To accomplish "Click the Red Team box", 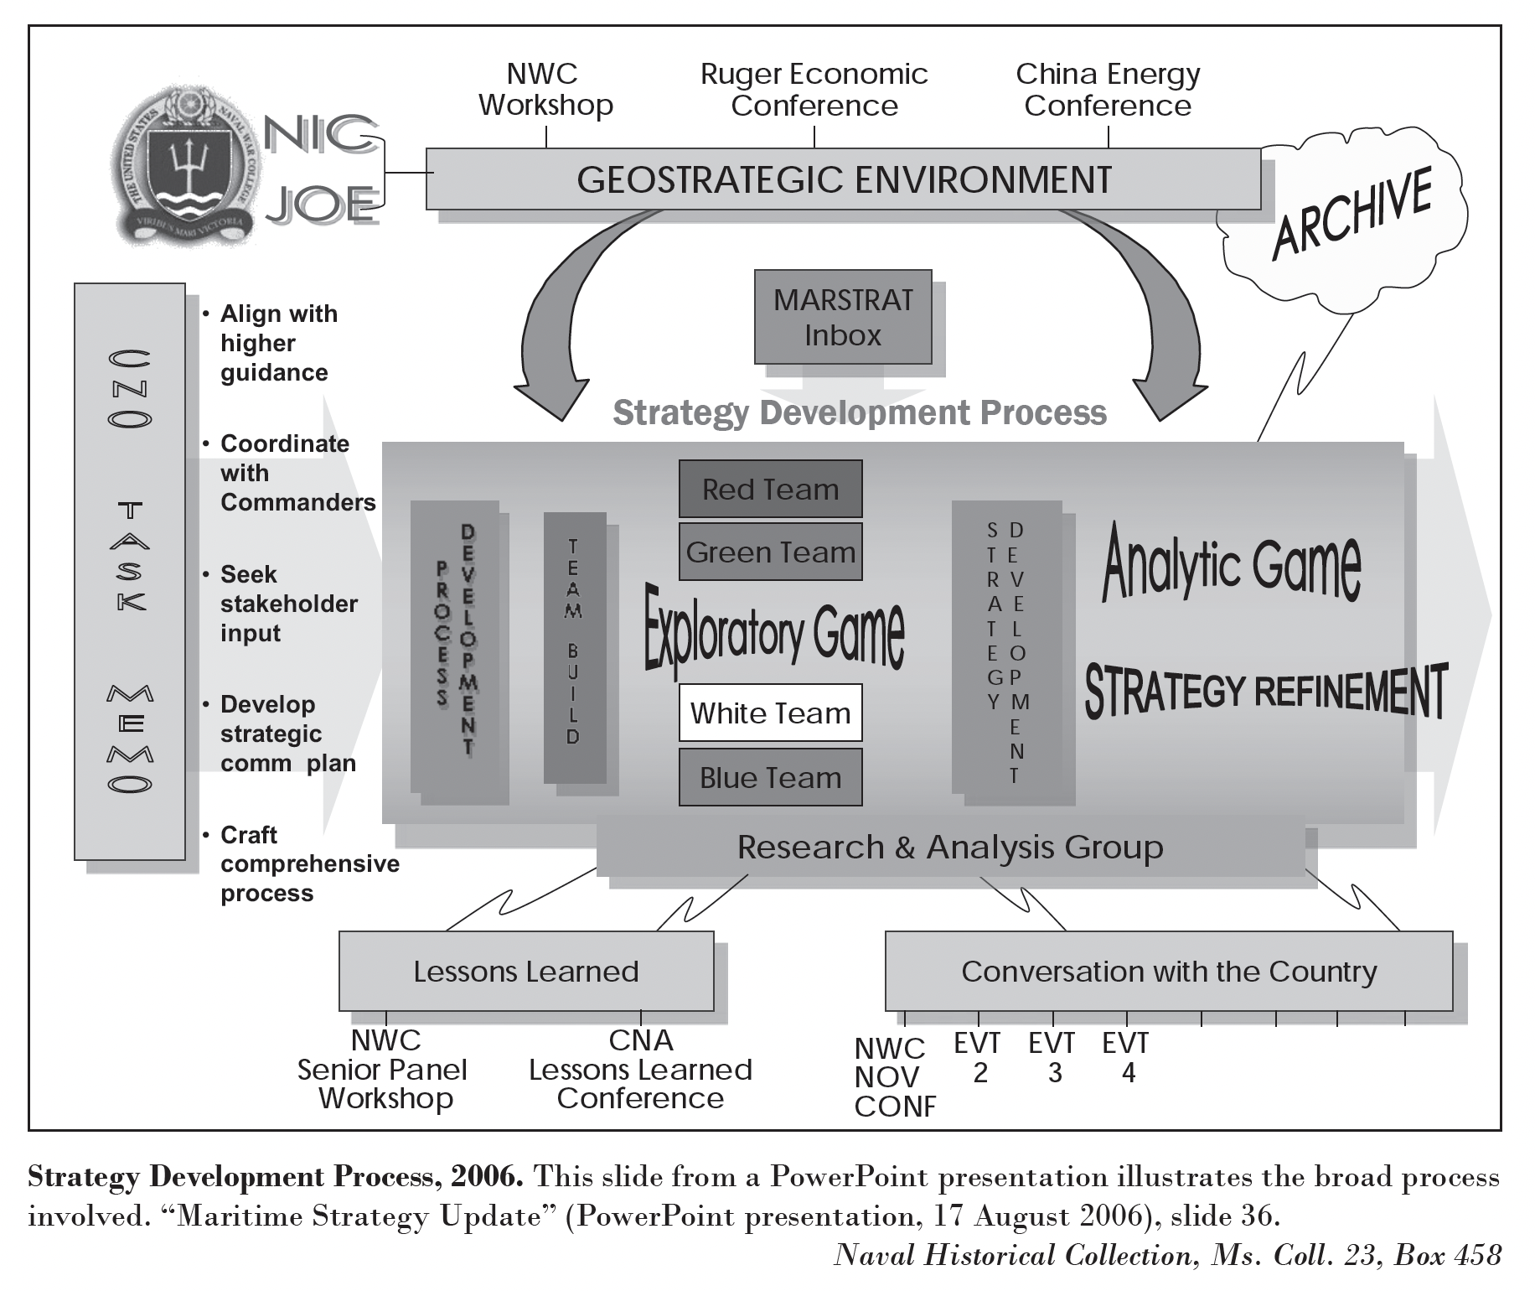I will point(770,489).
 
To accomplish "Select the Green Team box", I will point(770,552).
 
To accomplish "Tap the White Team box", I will point(770,713).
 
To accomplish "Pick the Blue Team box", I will point(770,777).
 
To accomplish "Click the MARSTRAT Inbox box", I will point(843,317).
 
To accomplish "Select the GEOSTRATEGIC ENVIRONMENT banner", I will point(843,179).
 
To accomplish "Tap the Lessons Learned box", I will point(526,971).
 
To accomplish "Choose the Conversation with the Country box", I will point(1168,971).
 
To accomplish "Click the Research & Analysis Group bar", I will point(950,848).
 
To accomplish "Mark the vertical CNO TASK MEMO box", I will point(130,571).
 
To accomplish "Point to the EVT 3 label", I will point(1052,1057).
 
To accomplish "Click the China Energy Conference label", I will point(1108,90).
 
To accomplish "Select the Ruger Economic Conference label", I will point(814,90).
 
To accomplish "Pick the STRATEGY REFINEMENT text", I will point(1265,691).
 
